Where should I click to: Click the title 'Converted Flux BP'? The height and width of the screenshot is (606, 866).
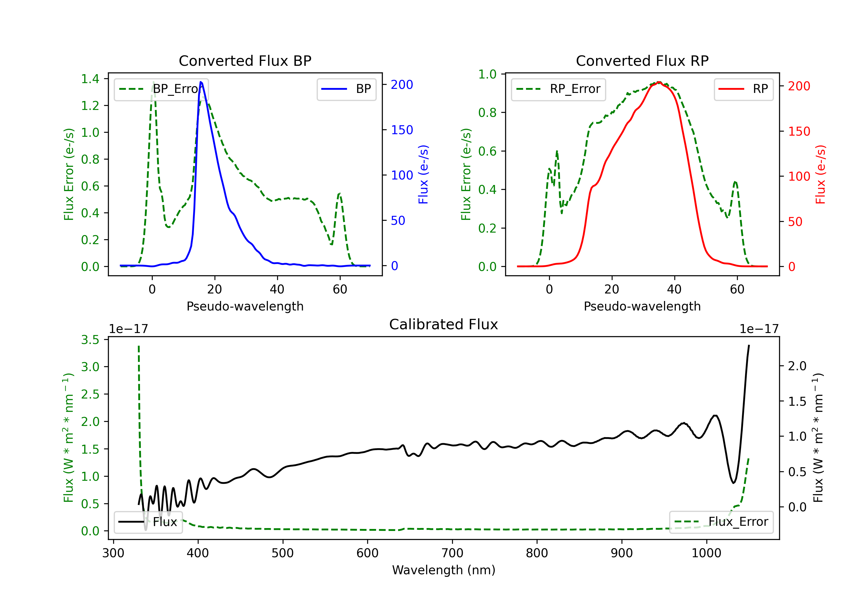pyautogui.click(x=245, y=61)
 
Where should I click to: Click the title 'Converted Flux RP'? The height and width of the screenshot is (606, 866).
pyautogui.click(x=642, y=61)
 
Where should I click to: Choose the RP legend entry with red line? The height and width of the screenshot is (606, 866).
pyautogui.click(x=743, y=89)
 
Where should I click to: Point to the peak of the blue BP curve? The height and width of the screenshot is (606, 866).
pyautogui.click(x=201, y=82)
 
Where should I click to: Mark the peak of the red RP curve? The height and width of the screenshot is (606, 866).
pyautogui.click(x=658, y=82)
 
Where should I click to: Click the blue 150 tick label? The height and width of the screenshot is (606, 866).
pyautogui.click(x=402, y=130)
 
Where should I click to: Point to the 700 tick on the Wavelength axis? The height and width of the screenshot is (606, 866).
pyautogui.click(x=452, y=553)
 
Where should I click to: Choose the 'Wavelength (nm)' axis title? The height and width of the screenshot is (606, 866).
pyautogui.click(x=444, y=570)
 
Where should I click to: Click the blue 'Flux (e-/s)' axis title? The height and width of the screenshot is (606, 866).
pyautogui.click(x=423, y=174)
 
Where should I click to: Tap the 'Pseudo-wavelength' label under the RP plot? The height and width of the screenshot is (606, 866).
pyautogui.click(x=642, y=306)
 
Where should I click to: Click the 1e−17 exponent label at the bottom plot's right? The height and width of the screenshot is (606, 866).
pyautogui.click(x=759, y=329)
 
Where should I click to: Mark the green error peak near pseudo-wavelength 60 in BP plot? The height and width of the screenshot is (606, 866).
pyautogui.click(x=339, y=194)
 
